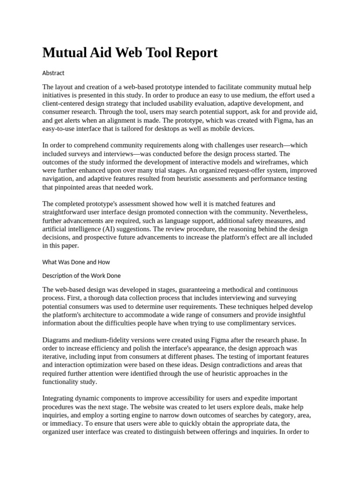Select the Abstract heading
[53, 73]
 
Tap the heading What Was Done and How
[76, 262]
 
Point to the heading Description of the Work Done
[82, 276]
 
